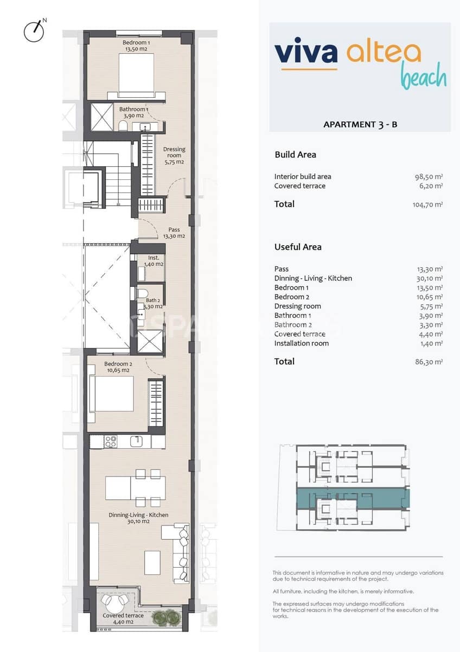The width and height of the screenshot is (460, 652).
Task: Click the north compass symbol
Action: (x=34, y=32)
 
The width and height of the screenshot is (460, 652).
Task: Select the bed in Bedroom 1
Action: (x=137, y=76)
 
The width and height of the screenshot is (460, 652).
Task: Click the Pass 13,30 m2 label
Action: (x=174, y=233)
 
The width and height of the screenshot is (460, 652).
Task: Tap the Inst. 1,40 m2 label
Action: (x=154, y=261)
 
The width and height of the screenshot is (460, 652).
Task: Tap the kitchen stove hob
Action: (x=111, y=442)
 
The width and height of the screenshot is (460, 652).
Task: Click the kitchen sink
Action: (x=138, y=441)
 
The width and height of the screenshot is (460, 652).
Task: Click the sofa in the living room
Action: (x=181, y=553)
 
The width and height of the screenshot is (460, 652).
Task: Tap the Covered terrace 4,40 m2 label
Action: (x=124, y=618)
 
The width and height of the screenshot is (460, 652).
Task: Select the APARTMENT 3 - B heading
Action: (x=360, y=124)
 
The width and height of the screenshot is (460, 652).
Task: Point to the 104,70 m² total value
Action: (x=427, y=205)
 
